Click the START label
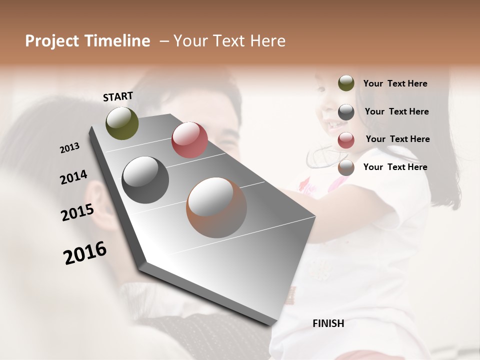click(x=118, y=96)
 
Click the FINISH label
click(x=328, y=323)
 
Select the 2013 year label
click(x=70, y=148)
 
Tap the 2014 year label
click(x=73, y=177)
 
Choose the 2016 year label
click(x=85, y=253)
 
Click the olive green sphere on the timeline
click(x=122, y=123)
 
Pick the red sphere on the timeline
click(x=189, y=140)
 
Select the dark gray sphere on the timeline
click(x=145, y=180)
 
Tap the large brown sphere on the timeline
click(x=216, y=207)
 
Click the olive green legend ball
click(x=346, y=83)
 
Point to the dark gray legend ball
click(x=346, y=112)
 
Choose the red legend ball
click(x=346, y=140)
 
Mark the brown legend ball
click(x=346, y=168)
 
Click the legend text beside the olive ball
click(x=395, y=84)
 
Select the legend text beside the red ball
click(x=397, y=139)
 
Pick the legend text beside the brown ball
click(x=395, y=167)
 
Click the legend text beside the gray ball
click(x=396, y=111)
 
